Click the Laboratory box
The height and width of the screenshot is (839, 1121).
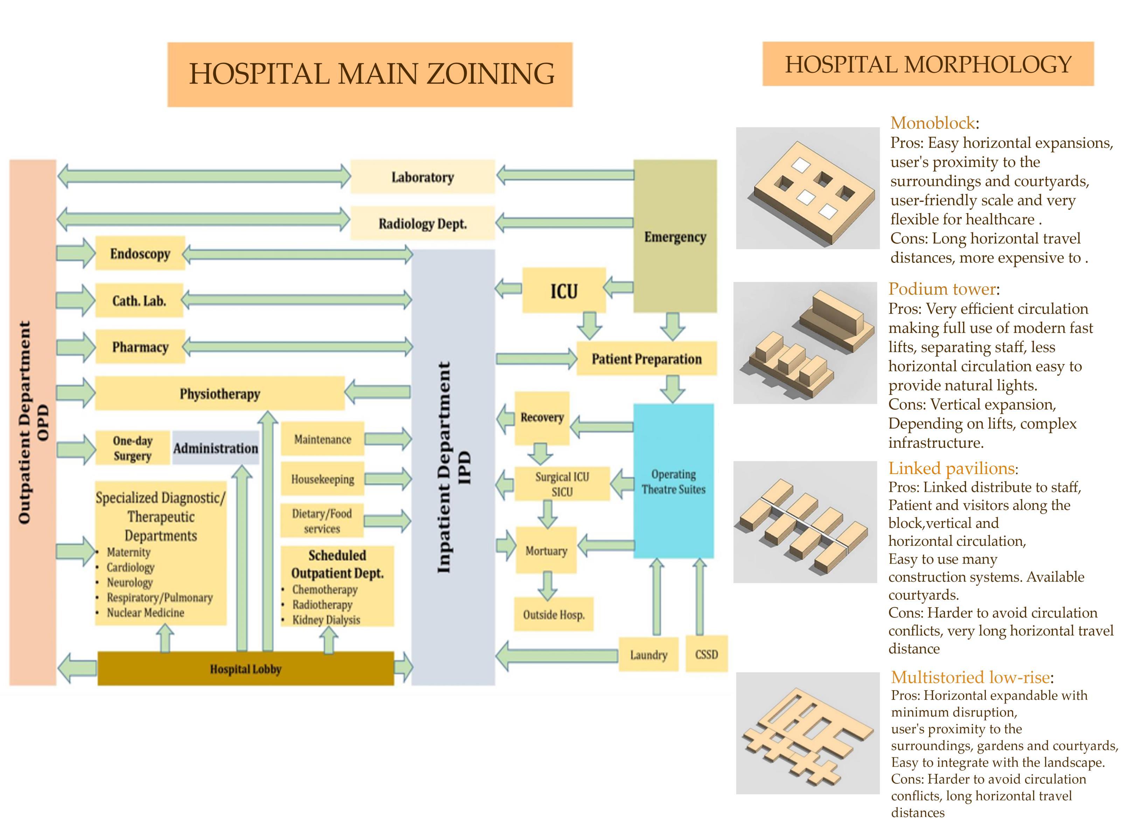coord(422,177)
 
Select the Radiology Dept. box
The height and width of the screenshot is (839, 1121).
coord(422,223)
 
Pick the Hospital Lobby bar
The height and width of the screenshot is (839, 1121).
coord(245,669)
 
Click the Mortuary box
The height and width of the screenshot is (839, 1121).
coord(546,551)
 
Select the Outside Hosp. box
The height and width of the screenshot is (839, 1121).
coord(553,615)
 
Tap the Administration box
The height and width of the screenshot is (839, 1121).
coord(215,448)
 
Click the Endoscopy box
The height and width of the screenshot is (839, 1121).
coord(140,253)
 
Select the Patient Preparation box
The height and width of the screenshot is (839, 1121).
coord(646,359)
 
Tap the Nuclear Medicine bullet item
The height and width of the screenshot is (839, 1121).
coord(145,613)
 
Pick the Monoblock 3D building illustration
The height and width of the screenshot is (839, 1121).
coord(807,188)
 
